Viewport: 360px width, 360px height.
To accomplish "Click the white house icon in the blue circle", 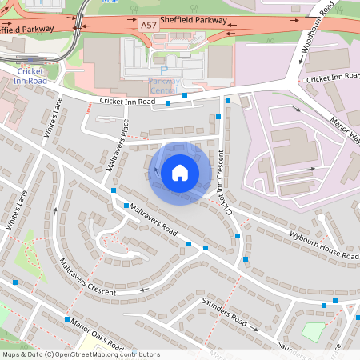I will tap(179, 172).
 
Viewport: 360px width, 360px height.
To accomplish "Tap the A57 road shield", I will tap(149, 26).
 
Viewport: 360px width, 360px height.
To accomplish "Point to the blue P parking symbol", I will tap(164, 70).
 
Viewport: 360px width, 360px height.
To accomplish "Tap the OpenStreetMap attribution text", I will tap(81, 354).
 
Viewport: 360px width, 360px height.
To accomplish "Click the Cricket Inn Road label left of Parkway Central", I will tap(127, 101).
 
